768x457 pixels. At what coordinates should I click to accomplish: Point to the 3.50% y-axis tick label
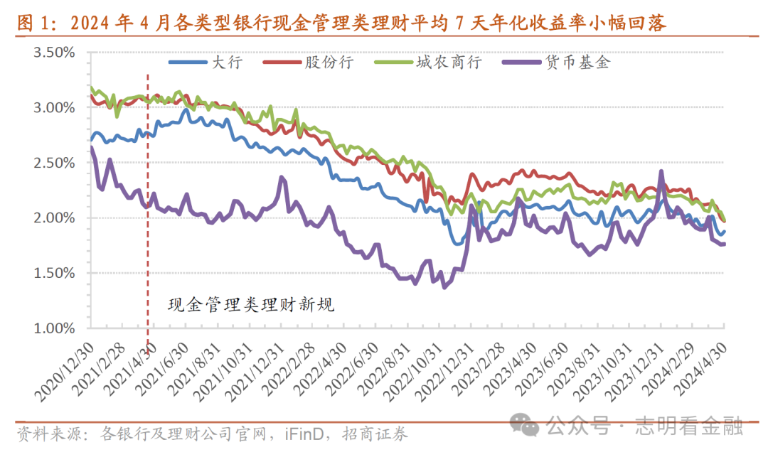(x=54, y=53)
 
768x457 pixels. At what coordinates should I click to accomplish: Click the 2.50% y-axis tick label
(x=54, y=163)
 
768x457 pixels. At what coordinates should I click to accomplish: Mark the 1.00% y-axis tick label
(x=54, y=328)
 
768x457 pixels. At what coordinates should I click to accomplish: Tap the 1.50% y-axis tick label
(x=54, y=273)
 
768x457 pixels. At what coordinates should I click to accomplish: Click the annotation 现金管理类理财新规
(x=250, y=306)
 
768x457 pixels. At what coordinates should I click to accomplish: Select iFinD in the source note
(x=303, y=434)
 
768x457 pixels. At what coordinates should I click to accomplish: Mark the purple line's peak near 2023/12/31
(x=661, y=171)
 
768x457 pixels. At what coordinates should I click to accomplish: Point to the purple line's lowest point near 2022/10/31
(x=444, y=287)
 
